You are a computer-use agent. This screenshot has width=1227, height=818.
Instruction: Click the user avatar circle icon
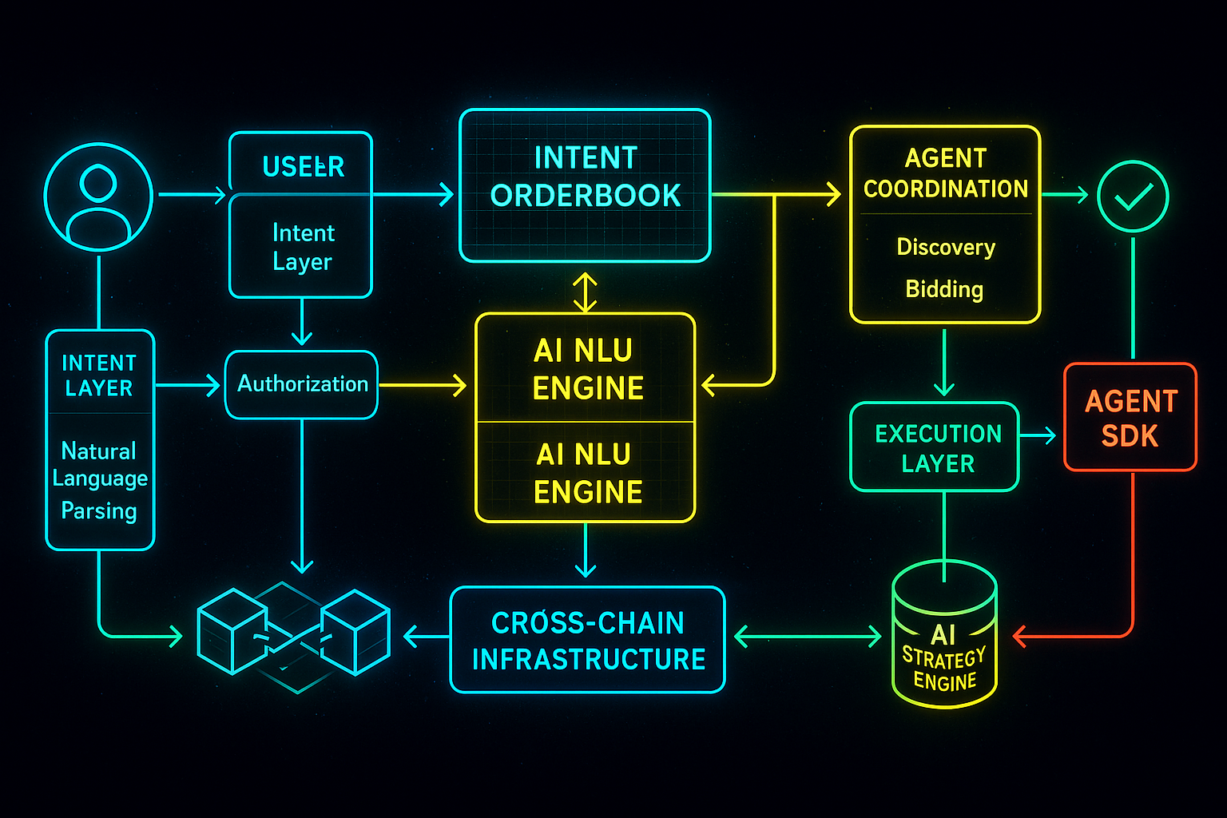click(x=98, y=197)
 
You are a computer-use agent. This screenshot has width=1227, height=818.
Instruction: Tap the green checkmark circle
click(x=1133, y=197)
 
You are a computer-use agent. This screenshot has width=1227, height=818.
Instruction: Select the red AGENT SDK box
click(x=1130, y=417)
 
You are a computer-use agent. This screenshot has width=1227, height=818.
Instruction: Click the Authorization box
click(x=302, y=384)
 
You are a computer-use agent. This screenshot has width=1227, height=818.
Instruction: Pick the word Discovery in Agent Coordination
click(x=946, y=247)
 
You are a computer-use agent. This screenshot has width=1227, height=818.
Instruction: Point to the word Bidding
click(x=944, y=289)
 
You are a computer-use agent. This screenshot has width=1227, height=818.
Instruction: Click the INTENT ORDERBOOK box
click(x=585, y=185)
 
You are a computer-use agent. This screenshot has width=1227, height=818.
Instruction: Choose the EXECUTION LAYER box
click(x=935, y=447)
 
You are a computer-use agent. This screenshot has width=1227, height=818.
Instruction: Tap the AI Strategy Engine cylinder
click(x=944, y=639)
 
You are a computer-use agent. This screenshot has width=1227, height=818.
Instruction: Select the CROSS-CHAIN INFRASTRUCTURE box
click(x=588, y=640)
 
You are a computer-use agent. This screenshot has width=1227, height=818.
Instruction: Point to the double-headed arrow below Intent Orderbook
click(x=586, y=292)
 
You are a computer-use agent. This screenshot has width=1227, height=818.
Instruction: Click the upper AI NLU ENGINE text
click(x=588, y=369)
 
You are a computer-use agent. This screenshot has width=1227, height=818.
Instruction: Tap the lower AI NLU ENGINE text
click(x=588, y=473)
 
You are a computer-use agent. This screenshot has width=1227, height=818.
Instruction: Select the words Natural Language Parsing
click(x=100, y=480)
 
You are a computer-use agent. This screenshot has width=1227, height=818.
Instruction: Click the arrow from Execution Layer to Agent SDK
click(x=1038, y=435)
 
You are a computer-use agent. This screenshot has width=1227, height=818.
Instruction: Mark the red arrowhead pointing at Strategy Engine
click(x=1020, y=637)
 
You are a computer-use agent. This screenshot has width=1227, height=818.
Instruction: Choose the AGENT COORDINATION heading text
click(x=946, y=173)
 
